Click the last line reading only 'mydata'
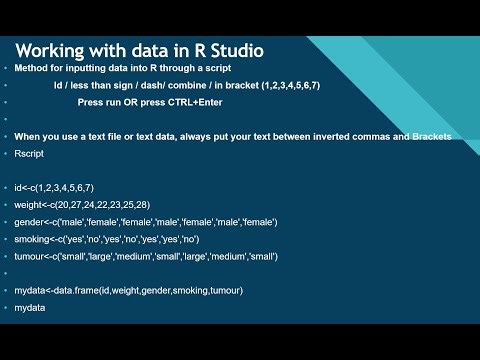click(30, 307)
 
